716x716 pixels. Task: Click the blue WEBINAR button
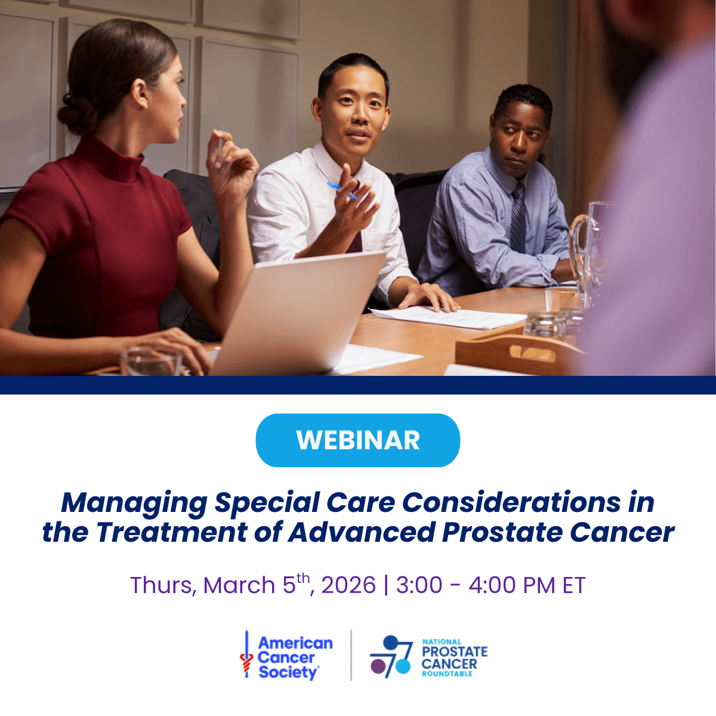point(358,440)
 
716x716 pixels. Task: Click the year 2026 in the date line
point(348,585)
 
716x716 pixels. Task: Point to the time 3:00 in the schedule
point(419,585)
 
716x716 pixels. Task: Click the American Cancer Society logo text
point(294,658)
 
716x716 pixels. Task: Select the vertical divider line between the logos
point(351,655)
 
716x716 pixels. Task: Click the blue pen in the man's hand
point(342,190)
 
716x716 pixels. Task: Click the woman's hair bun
point(76,113)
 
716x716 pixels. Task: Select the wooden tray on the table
point(513,352)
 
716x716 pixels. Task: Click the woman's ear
point(141,95)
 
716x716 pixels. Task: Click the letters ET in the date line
point(573,585)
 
